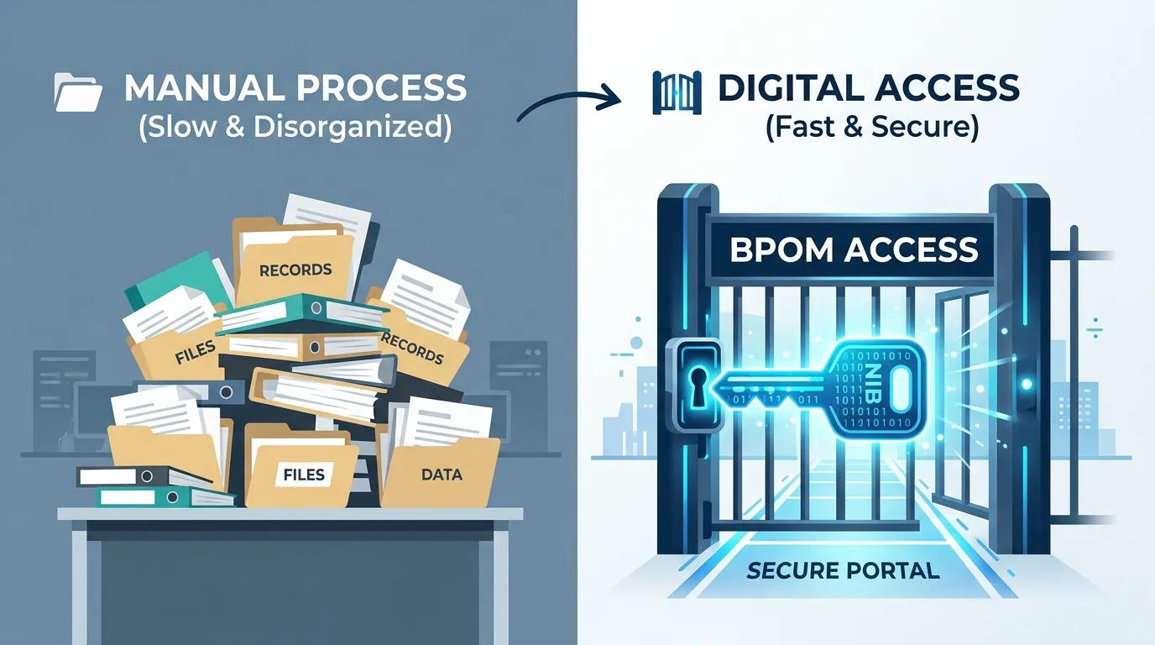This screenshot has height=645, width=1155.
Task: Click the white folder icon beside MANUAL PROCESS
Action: (x=78, y=92)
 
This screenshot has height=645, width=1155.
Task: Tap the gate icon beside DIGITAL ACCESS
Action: (x=677, y=92)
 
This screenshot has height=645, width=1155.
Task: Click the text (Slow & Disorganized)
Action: (x=295, y=127)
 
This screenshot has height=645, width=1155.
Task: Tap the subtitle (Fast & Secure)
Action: (x=871, y=127)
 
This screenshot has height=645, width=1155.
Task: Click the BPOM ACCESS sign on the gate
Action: (x=854, y=249)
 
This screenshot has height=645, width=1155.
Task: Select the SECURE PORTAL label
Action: (x=843, y=571)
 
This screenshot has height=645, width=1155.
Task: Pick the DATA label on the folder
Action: (x=442, y=475)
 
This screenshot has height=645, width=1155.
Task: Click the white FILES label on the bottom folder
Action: (x=304, y=475)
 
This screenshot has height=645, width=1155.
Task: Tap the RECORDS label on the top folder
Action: (x=295, y=270)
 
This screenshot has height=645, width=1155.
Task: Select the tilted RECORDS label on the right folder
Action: (x=412, y=348)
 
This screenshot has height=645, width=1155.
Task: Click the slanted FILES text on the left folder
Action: (x=195, y=353)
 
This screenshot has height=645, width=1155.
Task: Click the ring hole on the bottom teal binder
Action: (x=173, y=497)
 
